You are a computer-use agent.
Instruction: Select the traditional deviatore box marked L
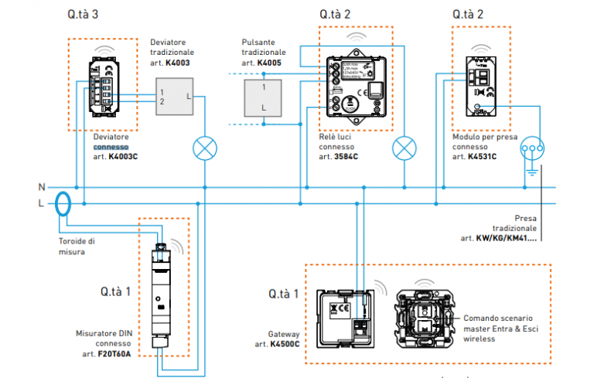click(x=174, y=96)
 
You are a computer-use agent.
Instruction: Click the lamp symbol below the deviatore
click(x=204, y=149)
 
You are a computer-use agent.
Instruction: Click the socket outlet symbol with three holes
click(x=532, y=147)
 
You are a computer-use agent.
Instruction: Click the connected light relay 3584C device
click(x=355, y=83)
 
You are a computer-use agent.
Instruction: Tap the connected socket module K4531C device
click(x=482, y=85)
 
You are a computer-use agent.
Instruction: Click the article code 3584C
click(x=346, y=156)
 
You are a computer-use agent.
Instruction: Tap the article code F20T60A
click(x=114, y=355)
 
